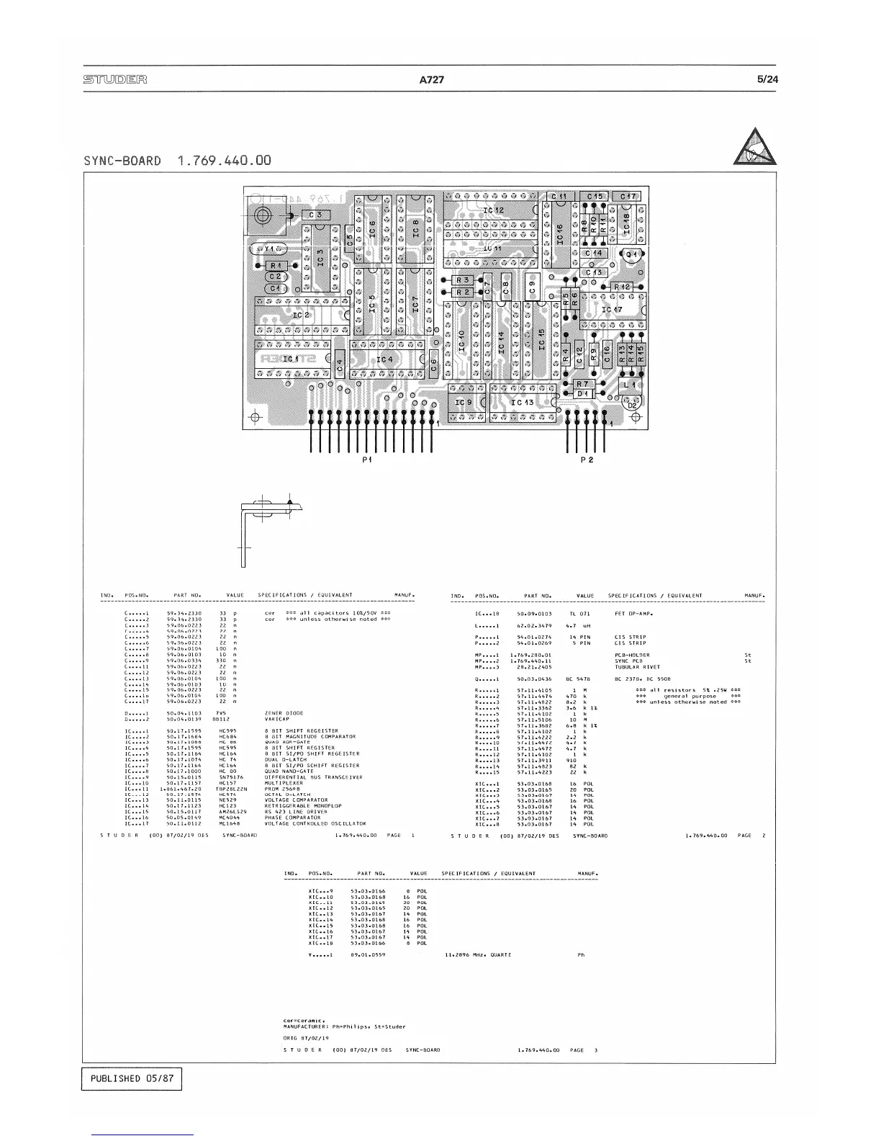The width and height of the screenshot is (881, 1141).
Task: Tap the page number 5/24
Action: tap(767, 80)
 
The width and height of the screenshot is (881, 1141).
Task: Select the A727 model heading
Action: tap(431, 80)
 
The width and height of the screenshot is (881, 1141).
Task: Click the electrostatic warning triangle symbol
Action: tap(755, 146)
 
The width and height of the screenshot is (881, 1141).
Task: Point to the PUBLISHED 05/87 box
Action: tap(131, 1078)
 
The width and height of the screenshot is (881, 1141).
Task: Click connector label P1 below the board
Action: tap(367, 460)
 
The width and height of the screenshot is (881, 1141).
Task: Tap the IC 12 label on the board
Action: tap(494, 210)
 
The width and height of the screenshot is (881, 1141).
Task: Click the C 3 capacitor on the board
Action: tap(316, 215)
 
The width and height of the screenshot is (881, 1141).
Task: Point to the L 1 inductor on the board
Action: tap(629, 385)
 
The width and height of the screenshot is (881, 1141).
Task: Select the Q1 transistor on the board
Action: tap(631, 254)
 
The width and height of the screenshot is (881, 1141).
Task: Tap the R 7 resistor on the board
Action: tap(582, 384)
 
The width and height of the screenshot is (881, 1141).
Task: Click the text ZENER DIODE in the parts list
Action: tap(282, 713)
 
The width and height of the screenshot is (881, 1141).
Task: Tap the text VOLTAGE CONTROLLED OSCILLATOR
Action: tap(315, 823)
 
